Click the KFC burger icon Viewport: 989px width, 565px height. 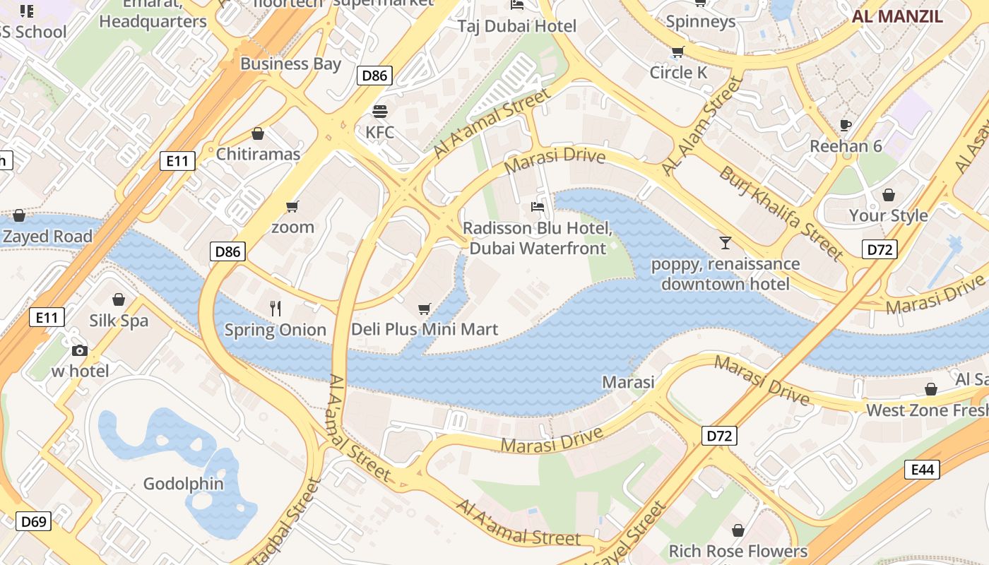click(380, 112)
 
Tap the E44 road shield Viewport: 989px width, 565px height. click(922, 469)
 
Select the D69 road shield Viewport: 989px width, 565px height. click(33, 522)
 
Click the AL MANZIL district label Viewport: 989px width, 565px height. click(897, 16)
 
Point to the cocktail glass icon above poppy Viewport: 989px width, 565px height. click(726, 243)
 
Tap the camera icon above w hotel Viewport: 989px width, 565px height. click(80, 350)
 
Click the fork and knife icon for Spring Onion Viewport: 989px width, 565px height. click(276, 309)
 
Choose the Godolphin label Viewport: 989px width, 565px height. click(184, 484)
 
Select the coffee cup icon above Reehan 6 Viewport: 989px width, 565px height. click(846, 126)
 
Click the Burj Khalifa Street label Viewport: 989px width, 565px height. click(781, 213)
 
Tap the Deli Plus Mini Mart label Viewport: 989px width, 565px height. click(425, 329)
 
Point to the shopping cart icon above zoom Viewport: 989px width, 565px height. click(292, 206)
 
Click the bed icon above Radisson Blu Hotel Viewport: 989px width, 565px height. click(538, 208)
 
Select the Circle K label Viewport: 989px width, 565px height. click(678, 72)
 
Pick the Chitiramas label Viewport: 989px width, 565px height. click(258, 154)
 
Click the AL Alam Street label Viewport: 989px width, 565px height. click(704, 126)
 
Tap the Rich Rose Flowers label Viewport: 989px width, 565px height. click(738, 551)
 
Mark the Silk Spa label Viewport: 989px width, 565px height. click(119, 321)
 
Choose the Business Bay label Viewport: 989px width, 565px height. click(290, 64)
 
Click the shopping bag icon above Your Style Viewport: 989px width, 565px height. click(888, 195)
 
